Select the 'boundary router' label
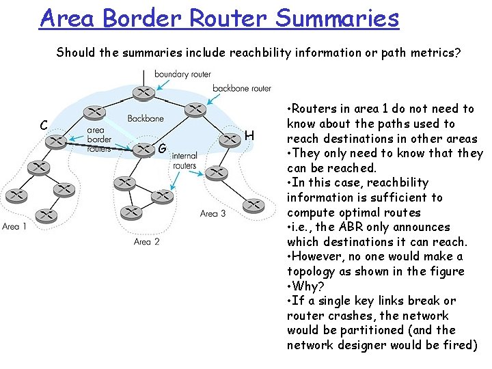[182, 74]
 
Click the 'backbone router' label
[242, 88]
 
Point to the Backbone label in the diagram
[146, 118]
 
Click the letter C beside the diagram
[43, 126]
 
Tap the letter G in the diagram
[162, 148]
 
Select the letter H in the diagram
[249, 137]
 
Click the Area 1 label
[15, 226]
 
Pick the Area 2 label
[147, 241]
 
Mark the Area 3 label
[213, 213]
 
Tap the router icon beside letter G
[142, 149]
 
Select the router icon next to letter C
[57, 141]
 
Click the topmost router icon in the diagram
[143, 93]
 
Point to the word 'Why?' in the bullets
[307, 286]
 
